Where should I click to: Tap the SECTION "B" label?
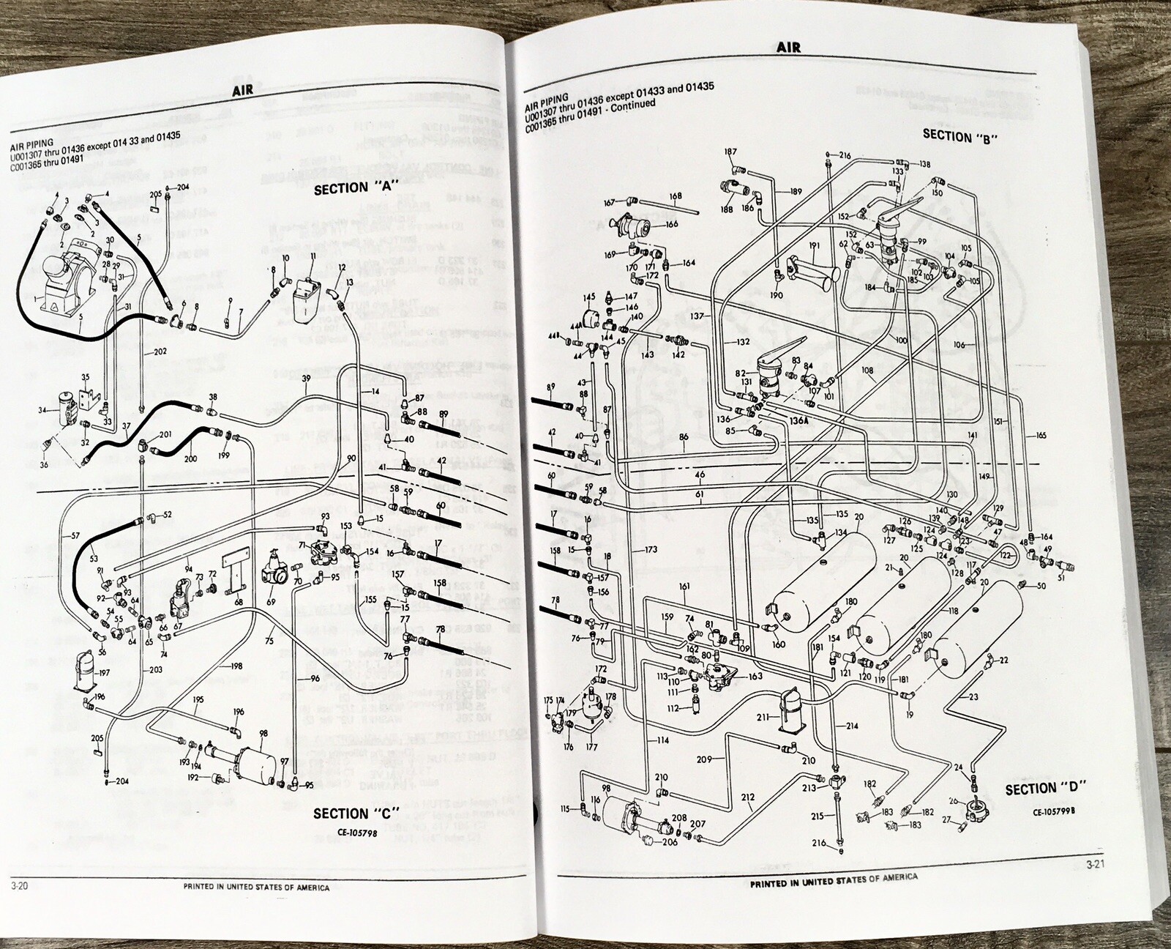click(960, 136)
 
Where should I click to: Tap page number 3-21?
click(1095, 865)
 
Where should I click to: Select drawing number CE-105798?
click(356, 832)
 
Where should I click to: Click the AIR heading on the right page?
click(788, 48)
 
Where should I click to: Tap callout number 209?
click(704, 759)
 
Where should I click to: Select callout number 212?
click(747, 797)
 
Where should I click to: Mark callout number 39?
click(306, 378)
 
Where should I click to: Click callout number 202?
click(160, 351)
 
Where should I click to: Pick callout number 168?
click(675, 196)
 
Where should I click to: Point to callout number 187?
click(730, 152)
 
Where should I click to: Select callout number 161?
click(684, 587)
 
